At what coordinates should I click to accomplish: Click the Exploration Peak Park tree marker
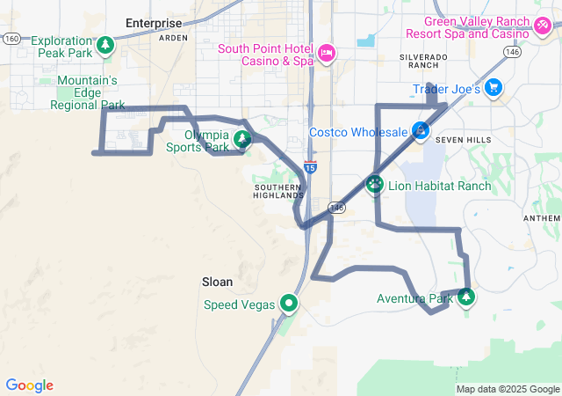105,44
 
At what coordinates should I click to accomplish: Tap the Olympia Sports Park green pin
241,138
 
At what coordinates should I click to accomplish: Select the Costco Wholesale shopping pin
421,131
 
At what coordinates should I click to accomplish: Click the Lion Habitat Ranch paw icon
375,185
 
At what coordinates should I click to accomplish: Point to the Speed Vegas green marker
288,304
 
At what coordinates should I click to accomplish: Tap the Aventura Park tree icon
465,297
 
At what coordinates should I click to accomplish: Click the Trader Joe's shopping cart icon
493,88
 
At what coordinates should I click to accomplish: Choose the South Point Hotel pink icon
326,53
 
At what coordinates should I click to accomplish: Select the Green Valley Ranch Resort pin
543,26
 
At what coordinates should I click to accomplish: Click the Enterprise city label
154,23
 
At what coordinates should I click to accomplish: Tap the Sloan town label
217,282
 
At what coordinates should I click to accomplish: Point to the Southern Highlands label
278,191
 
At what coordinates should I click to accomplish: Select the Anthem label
541,218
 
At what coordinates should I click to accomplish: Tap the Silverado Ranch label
423,60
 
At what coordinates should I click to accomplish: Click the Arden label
173,39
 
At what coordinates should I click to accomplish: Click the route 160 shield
11,38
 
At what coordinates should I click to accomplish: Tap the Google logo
29,385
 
